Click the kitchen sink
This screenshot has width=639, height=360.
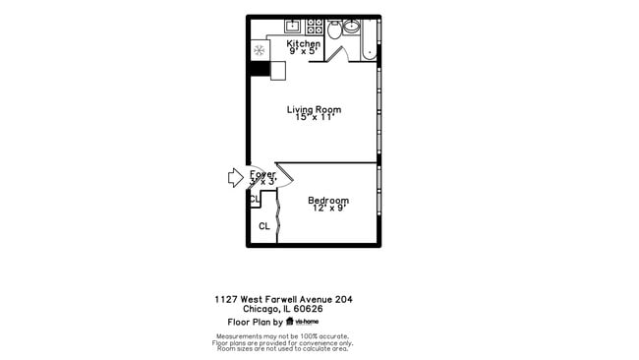pos(292,27)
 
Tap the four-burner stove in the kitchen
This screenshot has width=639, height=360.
pos(316,27)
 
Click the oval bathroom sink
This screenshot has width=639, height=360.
pos(352,28)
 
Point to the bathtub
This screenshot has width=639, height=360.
pos(370,39)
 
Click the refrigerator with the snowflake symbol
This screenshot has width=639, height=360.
pos(259,50)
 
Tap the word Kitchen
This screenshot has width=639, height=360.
pos(303,44)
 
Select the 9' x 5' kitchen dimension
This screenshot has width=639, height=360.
pos(303,52)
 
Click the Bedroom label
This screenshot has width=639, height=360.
pos(329,201)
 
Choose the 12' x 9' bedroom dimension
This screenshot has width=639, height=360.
pos(329,209)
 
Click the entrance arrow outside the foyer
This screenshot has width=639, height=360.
pos(234,177)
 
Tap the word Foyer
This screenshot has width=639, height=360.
pos(262,174)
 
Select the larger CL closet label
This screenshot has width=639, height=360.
pos(263,226)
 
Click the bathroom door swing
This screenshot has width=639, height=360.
pos(333,53)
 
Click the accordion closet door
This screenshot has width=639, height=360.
pos(279,216)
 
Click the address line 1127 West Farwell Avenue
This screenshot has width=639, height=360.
pos(283,298)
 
